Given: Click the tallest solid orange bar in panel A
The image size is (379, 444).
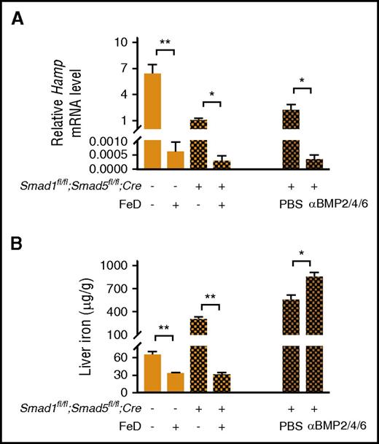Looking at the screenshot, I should [152, 120].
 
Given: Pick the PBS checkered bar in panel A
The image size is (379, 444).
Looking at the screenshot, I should [292, 139].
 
